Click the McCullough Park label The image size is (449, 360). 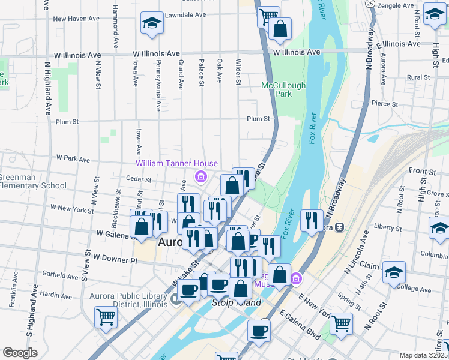pos(283,89)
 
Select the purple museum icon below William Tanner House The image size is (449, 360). pos(200,176)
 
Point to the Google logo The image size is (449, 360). pos(20,353)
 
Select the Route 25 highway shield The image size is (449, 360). pos(370,4)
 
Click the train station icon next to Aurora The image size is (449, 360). pos(340,227)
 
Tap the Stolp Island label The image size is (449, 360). pos(237,302)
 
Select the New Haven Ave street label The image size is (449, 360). pos(75,19)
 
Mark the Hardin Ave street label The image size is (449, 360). pos(57,295)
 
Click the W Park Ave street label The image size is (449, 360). pos(73,160)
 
